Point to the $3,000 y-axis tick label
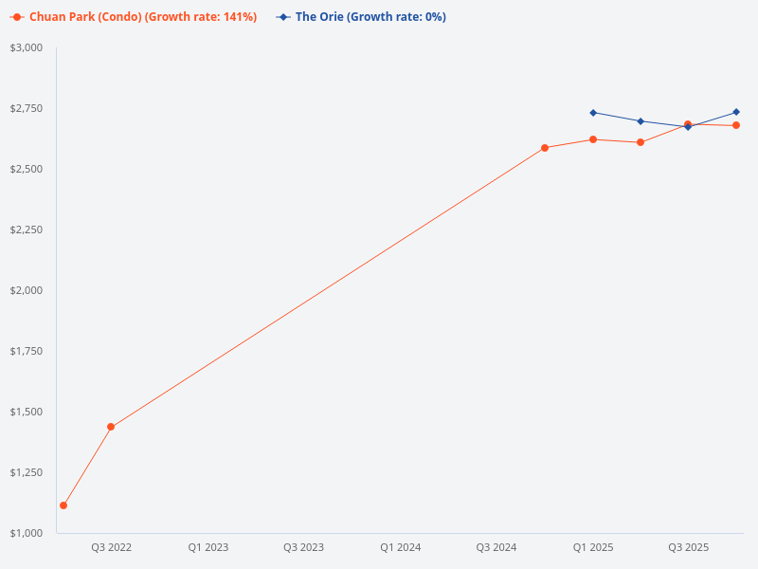(x=27, y=47)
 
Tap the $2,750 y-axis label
(x=27, y=108)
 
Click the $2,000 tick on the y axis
(x=27, y=290)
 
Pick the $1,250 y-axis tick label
(x=27, y=472)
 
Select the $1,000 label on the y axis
(x=27, y=533)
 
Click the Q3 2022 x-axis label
(x=111, y=547)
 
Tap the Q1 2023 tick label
(x=208, y=547)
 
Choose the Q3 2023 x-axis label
(x=303, y=547)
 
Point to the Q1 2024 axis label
(x=400, y=547)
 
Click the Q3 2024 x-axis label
(x=496, y=547)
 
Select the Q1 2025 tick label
(x=592, y=547)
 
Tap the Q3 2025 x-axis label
(x=688, y=547)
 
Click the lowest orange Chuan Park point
(x=63, y=505)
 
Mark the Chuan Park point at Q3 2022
(x=111, y=427)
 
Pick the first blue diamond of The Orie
(x=593, y=113)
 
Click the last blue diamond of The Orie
(x=736, y=112)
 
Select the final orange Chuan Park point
(x=736, y=125)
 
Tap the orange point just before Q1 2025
(x=545, y=148)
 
